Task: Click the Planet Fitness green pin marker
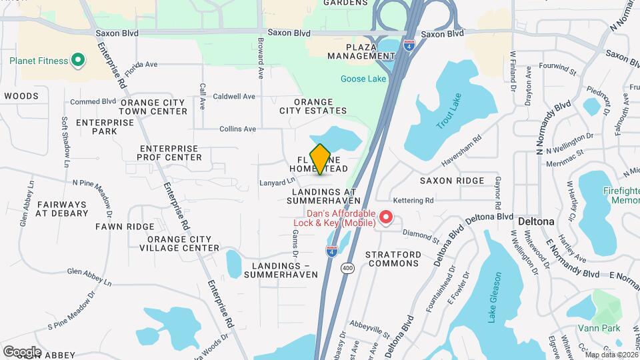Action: pos(78,61)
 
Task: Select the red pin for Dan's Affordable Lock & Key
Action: pos(385,217)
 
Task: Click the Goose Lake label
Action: pos(363,79)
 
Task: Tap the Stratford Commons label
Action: pos(393,259)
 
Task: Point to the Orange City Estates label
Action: pos(313,106)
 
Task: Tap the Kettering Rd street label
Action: pos(413,200)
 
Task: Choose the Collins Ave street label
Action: pos(238,129)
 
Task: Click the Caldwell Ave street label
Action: pos(234,97)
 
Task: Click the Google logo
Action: pos(22,351)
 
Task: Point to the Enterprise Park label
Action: pos(97,127)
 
